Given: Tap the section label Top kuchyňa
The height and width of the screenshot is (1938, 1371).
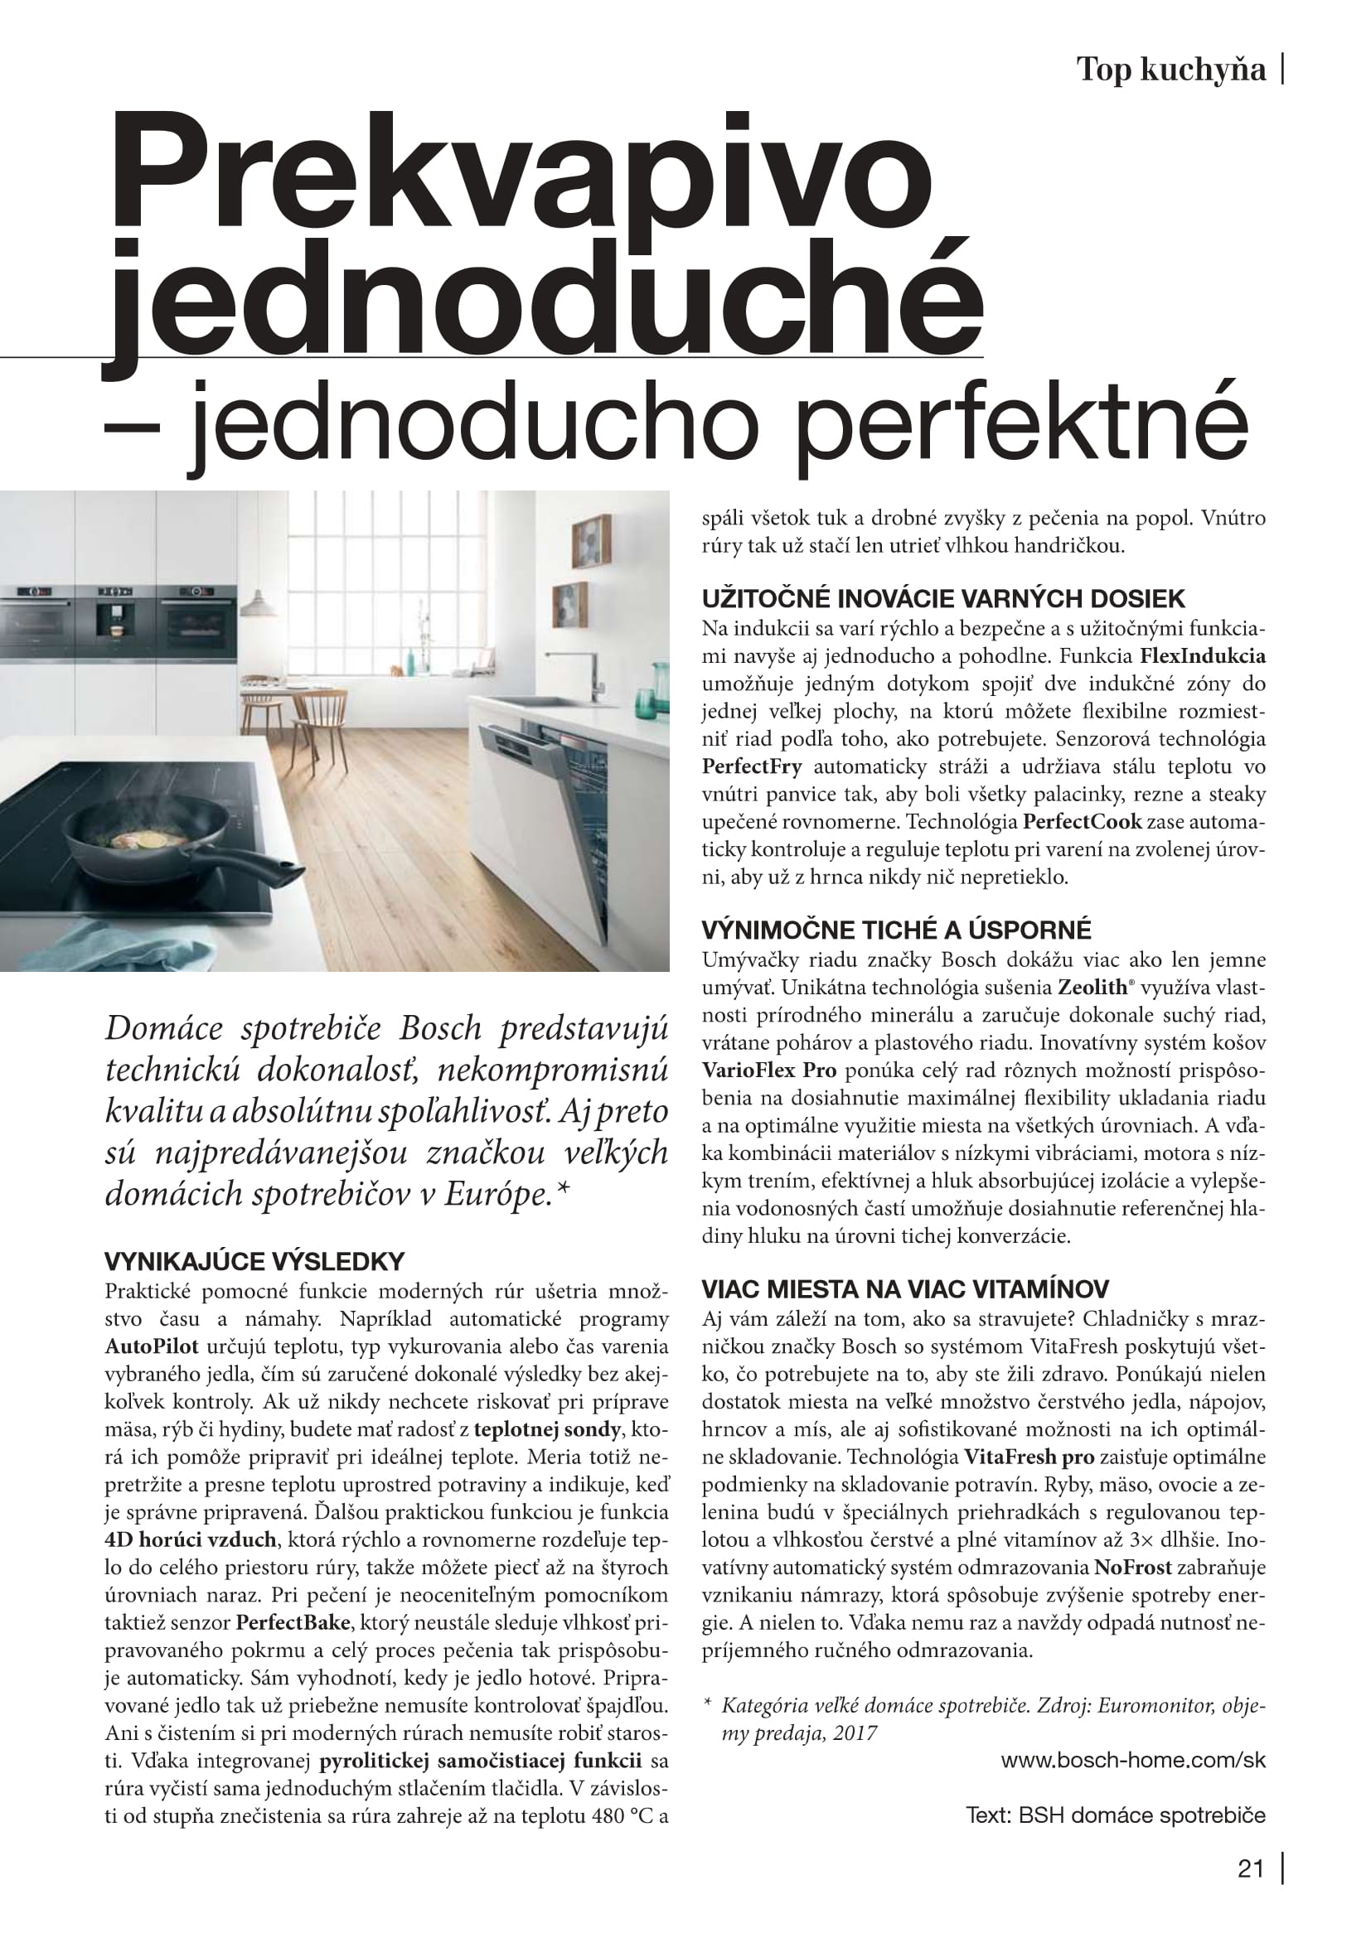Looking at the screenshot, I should [x=1172, y=70].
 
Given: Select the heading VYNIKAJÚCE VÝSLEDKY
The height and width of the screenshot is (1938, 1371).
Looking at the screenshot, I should [x=254, y=1262].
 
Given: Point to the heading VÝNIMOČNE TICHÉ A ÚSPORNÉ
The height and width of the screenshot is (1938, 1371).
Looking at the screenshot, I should [x=896, y=930].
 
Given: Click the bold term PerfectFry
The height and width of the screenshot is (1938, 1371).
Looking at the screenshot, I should [x=751, y=766].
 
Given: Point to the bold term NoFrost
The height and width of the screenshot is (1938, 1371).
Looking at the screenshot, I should [x=1133, y=1568].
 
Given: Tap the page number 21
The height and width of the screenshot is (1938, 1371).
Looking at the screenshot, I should [x=1250, y=1868].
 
